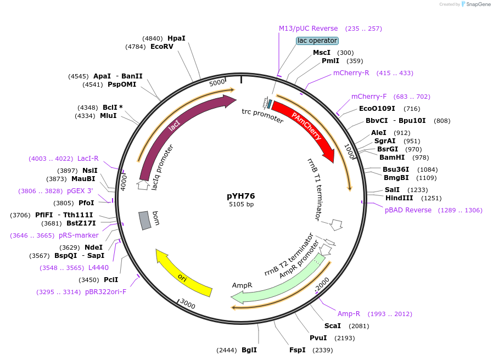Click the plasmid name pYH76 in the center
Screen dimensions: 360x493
(x=241, y=196)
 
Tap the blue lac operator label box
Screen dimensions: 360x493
(x=317, y=41)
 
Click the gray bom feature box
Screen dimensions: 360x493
(x=145, y=220)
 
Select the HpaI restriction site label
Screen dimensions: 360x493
(x=177, y=38)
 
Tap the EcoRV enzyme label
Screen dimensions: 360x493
(x=162, y=47)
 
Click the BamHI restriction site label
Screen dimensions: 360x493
(x=392, y=157)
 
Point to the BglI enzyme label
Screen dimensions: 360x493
(x=249, y=350)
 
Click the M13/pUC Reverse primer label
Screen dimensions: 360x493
(x=309, y=29)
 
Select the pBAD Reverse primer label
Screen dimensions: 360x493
(x=408, y=210)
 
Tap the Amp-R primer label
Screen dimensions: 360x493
(x=349, y=314)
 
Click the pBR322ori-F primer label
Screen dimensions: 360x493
(x=106, y=291)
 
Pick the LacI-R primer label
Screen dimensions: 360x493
(x=88, y=159)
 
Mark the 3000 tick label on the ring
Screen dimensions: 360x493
(x=188, y=304)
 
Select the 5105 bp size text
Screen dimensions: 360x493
(x=241, y=204)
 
